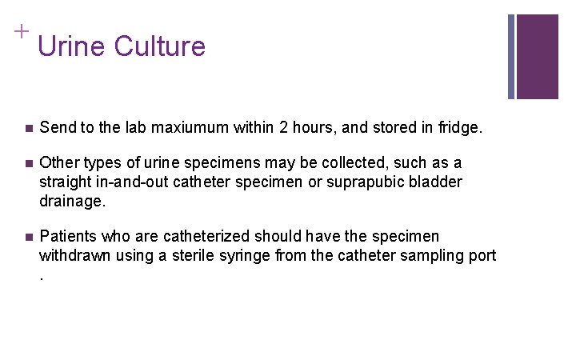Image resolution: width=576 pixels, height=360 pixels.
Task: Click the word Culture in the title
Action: point(160,46)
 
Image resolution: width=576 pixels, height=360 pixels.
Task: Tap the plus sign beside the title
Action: point(21,31)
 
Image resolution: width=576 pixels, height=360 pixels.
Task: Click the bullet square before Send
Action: point(28,128)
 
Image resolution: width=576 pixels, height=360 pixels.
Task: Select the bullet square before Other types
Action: point(28,163)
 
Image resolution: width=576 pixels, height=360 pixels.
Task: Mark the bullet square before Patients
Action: point(28,237)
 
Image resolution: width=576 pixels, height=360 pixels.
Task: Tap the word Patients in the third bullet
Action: point(70,236)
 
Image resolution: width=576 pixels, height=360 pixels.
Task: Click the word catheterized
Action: point(207,236)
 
